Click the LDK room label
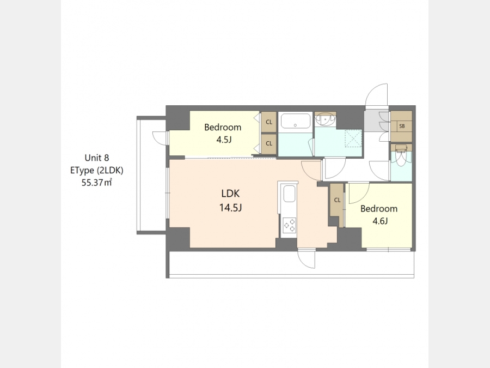230,194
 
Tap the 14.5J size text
230,208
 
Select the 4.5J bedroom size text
224,140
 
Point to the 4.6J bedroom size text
380,221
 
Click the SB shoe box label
402,126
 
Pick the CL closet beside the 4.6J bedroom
337,200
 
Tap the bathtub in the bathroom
295,121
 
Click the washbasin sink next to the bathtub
326,119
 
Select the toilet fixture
401,155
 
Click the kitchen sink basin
289,194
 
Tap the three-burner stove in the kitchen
289,225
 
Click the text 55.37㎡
97,183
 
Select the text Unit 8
97,158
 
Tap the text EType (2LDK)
97,170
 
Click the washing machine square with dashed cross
353,138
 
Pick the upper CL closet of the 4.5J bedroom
269,122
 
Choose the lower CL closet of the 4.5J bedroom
269,143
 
